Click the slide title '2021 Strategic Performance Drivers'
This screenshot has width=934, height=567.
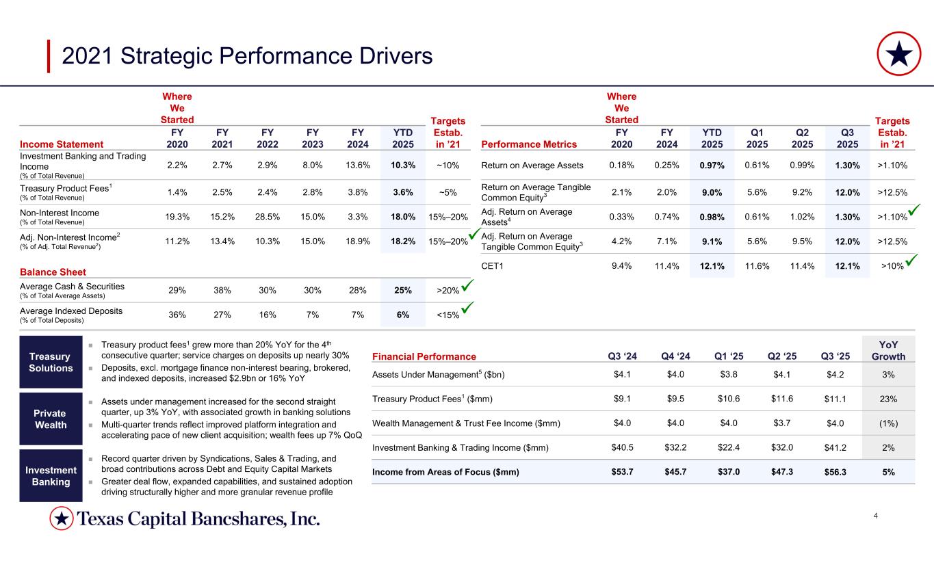pyautogui.click(x=247, y=56)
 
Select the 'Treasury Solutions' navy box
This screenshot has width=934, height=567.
pyautogui.click(x=46, y=362)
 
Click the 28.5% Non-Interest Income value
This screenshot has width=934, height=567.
pyautogui.click(x=268, y=217)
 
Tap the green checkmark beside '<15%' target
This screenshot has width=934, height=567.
pyautogui.click(x=467, y=310)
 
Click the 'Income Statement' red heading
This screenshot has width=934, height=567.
pyautogui.click(x=62, y=144)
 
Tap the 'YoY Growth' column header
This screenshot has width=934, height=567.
pyautogui.click(x=888, y=350)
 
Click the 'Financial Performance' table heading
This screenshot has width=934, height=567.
pyautogui.click(x=424, y=356)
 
